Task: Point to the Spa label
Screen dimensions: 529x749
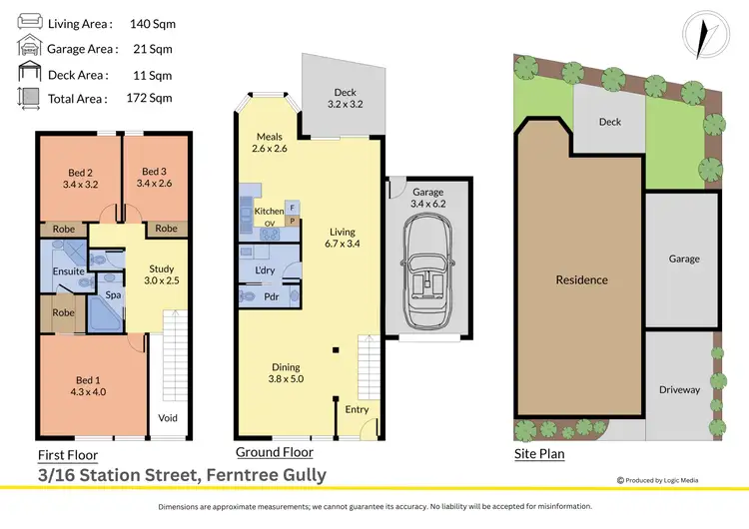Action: (x=114, y=296)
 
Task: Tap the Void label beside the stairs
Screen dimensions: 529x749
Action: (x=168, y=417)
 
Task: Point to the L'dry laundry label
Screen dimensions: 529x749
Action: (x=265, y=270)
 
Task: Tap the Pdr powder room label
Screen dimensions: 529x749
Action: (x=272, y=296)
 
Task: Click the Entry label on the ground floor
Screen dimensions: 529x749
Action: (x=357, y=409)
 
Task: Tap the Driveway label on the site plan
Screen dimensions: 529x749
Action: (x=679, y=389)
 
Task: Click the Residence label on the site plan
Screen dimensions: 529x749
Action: (x=581, y=279)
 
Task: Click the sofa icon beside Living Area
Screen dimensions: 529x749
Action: (x=30, y=22)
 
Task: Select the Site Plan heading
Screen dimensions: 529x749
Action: (x=539, y=454)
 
